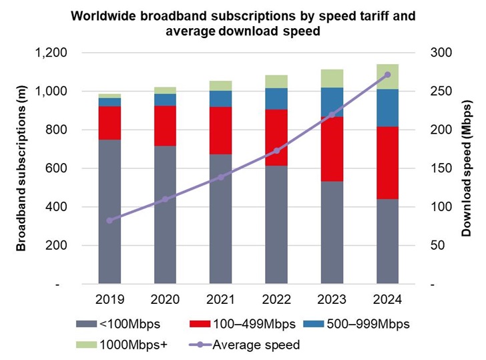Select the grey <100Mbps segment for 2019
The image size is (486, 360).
click(110, 212)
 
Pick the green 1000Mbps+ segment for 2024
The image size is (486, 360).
click(388, 76)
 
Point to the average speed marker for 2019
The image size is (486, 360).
click(110, 220)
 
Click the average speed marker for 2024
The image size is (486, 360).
click(388, 75)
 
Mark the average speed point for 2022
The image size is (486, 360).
click(277, 151)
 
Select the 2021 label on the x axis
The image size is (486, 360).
click(222, 299)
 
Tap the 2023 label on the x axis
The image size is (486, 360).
click(332, 299)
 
